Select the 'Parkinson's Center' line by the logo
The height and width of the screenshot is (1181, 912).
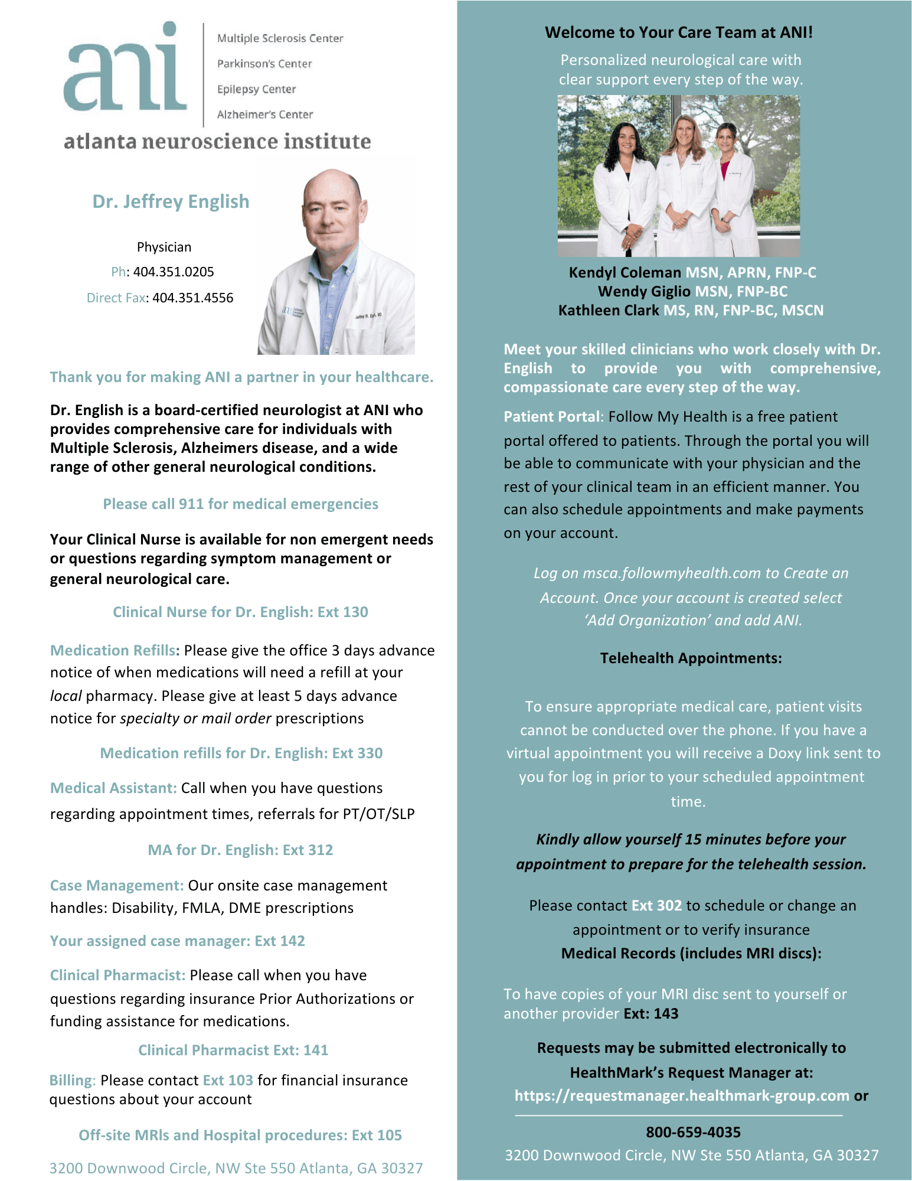tap(264, 64)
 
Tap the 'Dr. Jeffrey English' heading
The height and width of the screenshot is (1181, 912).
tap(171, 201)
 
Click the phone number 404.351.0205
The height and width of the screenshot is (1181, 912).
tap(174, 272)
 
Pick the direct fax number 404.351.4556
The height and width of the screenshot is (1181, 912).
tap(192, 298)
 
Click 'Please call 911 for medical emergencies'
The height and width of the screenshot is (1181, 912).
tap(240, 504)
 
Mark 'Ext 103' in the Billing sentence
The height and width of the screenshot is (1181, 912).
tap(228, 1080)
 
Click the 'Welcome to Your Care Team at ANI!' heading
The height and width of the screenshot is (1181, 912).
tap(678, 32)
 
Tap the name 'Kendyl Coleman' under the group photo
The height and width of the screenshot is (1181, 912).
tap(625, 272)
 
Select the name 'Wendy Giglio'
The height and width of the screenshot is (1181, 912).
tap(644, 291)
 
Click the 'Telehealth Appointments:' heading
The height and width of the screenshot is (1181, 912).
tap(691, 658)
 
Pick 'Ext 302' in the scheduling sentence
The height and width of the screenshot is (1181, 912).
tap(656, 905)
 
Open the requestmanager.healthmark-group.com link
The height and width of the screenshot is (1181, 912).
tap(681, 1095)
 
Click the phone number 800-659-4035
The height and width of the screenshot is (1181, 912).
tap(693, 1132)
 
